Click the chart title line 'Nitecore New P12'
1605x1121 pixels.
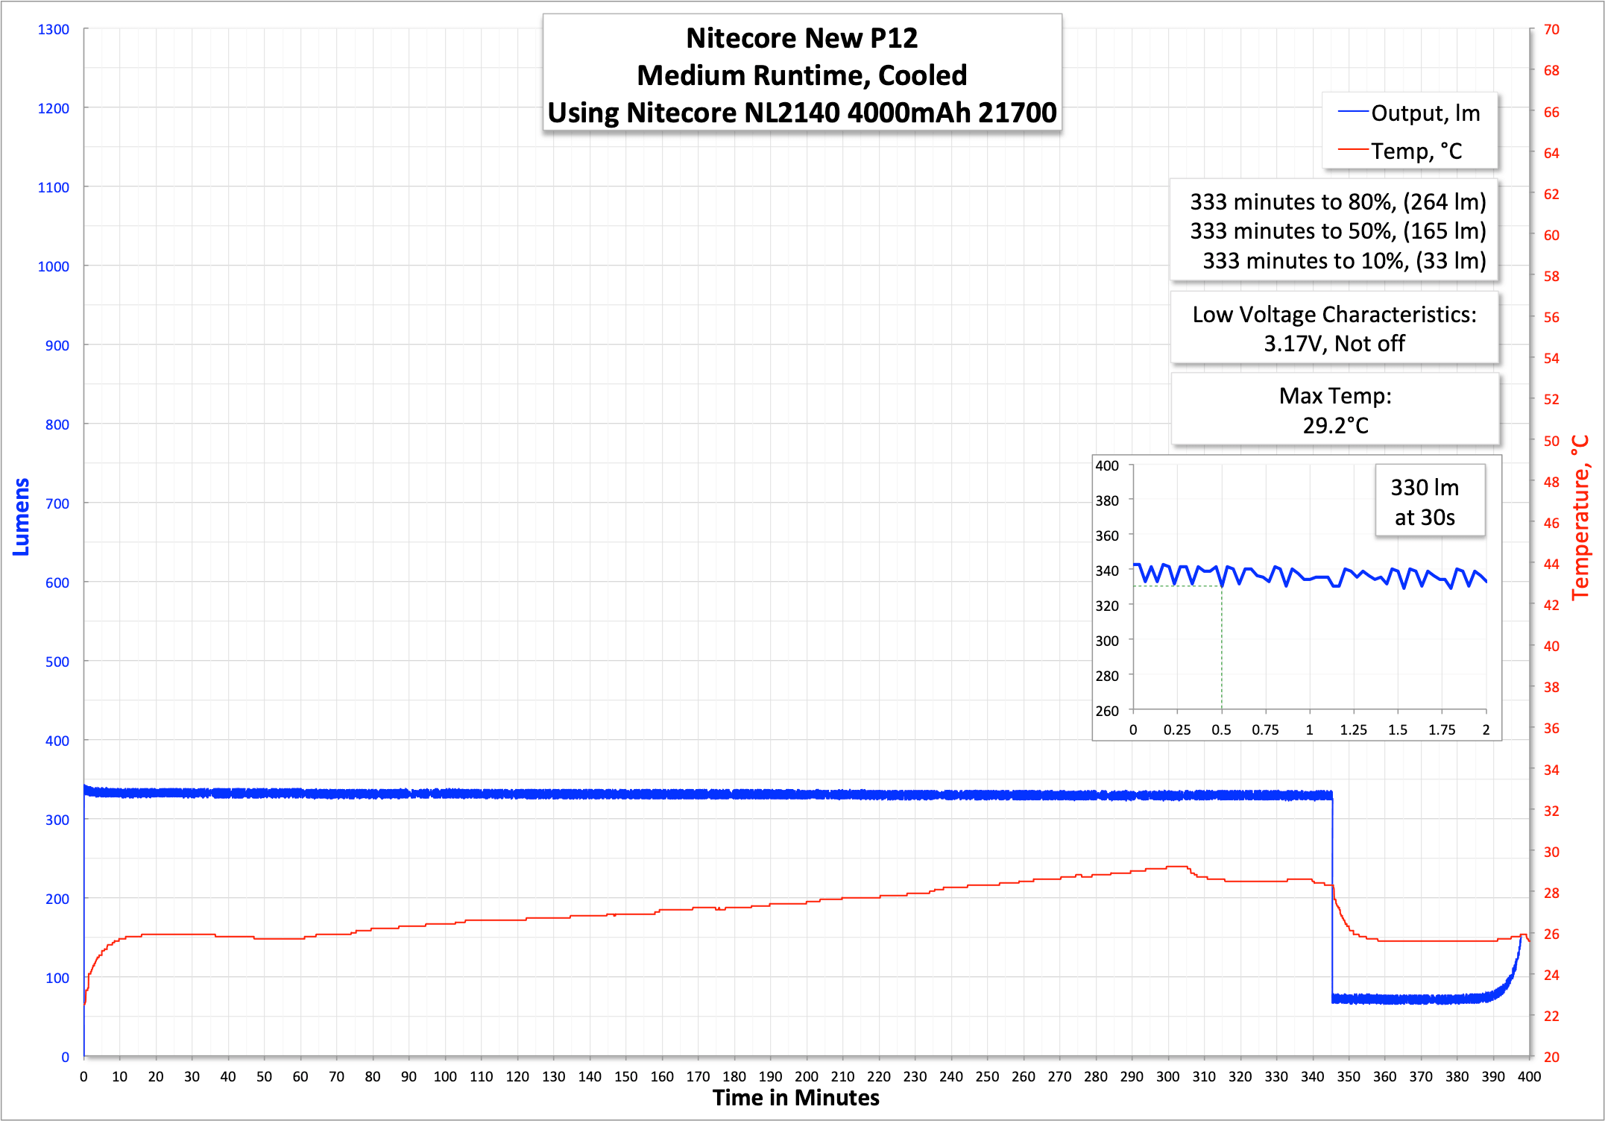(x=801, y=38)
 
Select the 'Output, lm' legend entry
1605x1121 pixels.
(x=1425, y=113)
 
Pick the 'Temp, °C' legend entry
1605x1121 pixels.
(x=1416, y=151)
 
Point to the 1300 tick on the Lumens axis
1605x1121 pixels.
(x=53, y=29)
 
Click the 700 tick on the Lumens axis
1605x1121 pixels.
(x=57, y=503)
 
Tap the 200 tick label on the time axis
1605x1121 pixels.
(x=806, y=1076)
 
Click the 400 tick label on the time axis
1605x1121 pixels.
(x=1528, y=1076)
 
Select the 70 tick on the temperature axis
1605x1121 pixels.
(x=1551, y=29)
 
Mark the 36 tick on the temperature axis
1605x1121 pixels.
(x=1551, y=728)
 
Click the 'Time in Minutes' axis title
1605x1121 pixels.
(x=795, y=1098)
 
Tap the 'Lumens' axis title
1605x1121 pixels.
(x=21, y=517)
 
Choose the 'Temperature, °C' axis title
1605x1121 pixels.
(x=1580, y=517)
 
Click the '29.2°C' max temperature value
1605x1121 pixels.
(x=1335, y=425)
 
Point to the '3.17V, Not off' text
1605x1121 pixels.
(x=1334, y=344)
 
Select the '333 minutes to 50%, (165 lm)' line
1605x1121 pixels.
(x=1337, y=231)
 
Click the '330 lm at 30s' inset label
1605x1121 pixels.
(x=1425, y=502)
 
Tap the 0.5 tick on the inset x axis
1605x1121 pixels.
(x=1221, y=729)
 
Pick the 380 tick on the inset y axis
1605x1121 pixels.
(x=1107, y=500)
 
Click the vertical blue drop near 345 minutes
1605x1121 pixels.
(x=1332, y=895)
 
